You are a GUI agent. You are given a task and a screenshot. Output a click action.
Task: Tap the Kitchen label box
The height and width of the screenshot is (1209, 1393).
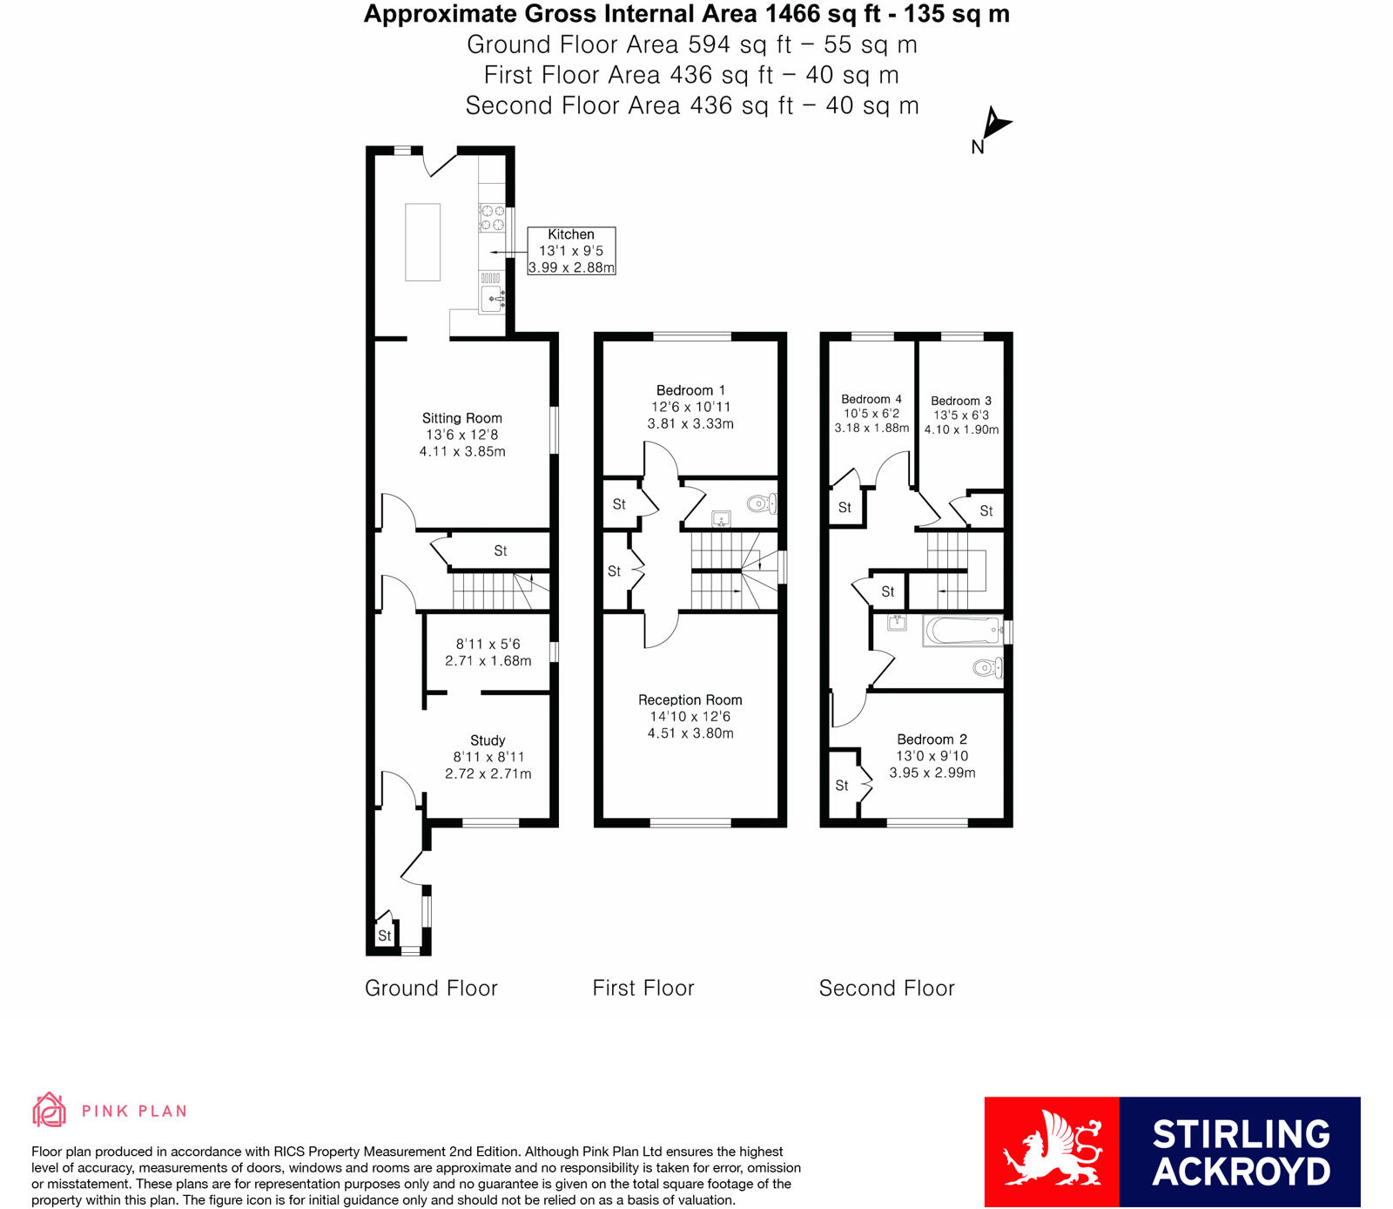tap(571, 251)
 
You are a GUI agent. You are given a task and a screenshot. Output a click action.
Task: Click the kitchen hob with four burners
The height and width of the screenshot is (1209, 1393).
tap(492, 218)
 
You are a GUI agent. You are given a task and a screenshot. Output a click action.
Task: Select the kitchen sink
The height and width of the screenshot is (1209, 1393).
tap(492, 300)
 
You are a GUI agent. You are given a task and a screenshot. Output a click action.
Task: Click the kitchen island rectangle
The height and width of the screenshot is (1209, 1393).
tap(422, 241)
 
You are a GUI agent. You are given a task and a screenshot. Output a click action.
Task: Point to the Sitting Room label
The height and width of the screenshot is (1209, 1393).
tap(462, 418)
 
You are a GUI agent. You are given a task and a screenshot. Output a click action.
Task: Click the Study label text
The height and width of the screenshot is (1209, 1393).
tap(488, 740)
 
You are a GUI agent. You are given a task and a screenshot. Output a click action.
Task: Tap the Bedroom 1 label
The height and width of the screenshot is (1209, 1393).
tap(690, 390)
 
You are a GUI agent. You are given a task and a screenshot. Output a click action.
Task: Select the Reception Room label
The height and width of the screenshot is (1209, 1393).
tap(690, 700)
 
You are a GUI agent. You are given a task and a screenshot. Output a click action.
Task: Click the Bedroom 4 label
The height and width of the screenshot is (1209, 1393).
tap(871, 399)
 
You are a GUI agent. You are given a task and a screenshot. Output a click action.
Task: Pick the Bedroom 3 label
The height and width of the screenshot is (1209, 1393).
tap(961, 401)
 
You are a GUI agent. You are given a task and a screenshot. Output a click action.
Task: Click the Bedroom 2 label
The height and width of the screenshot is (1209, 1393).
tap(932, 740)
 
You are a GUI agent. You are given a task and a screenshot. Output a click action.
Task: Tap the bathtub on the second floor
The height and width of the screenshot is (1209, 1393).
tap(962, 631)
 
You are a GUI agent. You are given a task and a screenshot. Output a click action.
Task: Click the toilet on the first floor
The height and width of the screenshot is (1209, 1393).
tap(762, 503)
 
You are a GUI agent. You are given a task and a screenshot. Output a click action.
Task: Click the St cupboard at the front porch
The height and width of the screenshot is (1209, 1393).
tap(384, 935)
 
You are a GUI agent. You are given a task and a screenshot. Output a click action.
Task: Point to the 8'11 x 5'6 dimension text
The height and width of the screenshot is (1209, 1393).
tap(488, 645)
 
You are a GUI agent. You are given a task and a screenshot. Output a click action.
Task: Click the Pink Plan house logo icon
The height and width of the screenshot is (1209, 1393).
tap(50, 1110)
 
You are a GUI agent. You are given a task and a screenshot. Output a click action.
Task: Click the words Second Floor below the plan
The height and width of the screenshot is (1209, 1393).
tap(886, 988)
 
